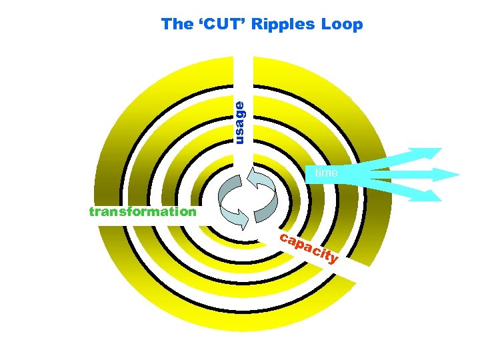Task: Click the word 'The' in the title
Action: click(x=177, y=25)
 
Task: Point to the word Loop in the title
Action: click(x=341, y=25)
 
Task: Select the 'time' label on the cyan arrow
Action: click(x=327, y=173)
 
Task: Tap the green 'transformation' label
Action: click(x=143, y=212)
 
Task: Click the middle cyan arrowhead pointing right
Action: click(x=447, y=175)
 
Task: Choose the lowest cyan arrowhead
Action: click(x=431, y=195)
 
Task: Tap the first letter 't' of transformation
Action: click(x=92, y=212)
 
